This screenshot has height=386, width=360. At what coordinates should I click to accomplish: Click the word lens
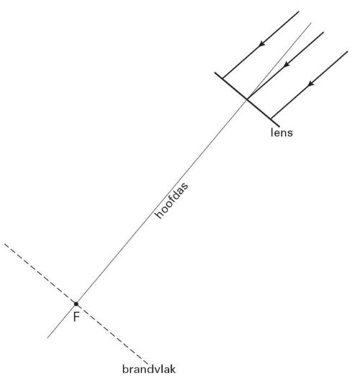click(282, 133)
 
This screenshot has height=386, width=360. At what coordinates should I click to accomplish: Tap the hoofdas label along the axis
click(171, 200)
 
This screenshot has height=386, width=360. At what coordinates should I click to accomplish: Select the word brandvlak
click(149, 369)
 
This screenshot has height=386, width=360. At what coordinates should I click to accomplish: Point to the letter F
click(76, 317)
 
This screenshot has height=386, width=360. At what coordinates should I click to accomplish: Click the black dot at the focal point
click(76, 304)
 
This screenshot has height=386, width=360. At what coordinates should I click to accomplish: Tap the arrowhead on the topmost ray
click(262, 43)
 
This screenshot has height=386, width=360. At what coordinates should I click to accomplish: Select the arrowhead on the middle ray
click(287, 64)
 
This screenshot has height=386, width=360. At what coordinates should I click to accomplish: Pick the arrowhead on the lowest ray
click(311, 84)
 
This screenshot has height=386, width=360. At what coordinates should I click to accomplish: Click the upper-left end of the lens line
click(215, 73)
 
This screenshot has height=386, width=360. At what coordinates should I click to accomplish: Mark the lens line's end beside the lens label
click(279, 127)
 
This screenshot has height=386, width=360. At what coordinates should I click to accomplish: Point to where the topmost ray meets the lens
click(222, 78)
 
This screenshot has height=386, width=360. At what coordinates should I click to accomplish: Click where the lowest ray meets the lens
click(271, 119)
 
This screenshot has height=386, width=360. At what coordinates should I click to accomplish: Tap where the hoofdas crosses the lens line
click(247, 99)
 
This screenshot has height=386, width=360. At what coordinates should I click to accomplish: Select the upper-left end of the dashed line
click(4, 244)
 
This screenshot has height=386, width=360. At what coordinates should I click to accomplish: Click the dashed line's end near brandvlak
click(148, 364)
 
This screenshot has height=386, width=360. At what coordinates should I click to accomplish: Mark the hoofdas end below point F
click(48, 338)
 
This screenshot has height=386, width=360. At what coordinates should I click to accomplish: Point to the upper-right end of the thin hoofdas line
click(311, 23)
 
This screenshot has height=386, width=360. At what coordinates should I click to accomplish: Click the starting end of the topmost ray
click(299, 12)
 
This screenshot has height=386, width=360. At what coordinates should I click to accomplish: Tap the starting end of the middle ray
click(323, 32)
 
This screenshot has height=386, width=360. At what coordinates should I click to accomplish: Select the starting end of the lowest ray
click(348, 51)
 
